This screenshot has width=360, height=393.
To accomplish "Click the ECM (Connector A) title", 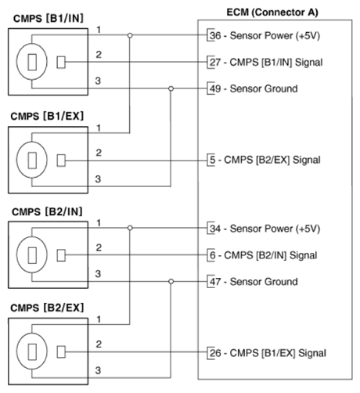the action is (x=272, y=12).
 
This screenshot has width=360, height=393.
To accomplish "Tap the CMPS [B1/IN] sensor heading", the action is (x=49, y=18).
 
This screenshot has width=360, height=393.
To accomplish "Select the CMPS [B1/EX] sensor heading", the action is (x=47, y=116).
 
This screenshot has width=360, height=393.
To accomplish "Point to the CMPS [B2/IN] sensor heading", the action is (x=47, y=211).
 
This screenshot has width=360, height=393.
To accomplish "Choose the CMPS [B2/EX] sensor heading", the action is (x=47, y=308).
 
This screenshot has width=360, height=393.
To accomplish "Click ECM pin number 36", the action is (x=215, y=35).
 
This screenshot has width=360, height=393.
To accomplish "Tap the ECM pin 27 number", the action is (x=215, y=63).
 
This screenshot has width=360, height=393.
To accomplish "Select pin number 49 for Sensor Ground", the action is (x=215, y=88).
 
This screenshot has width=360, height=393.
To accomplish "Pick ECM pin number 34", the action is (x=215, y=229).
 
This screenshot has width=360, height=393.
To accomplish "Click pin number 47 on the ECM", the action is (x=215, y=282).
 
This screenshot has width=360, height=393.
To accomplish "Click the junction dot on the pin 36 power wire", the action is (x=130, y=35).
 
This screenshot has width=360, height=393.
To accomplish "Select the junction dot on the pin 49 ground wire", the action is (x=171, y=88).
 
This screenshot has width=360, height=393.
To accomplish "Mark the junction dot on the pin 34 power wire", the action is (x=130, y=228).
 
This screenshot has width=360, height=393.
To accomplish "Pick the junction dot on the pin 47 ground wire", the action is (x=171, y=282).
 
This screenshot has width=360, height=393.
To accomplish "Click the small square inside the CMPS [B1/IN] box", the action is (x=61, y=63).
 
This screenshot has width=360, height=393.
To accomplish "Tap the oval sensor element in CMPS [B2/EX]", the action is (x=32, y=351).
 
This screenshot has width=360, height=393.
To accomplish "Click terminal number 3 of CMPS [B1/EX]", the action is (x=98, y=179).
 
